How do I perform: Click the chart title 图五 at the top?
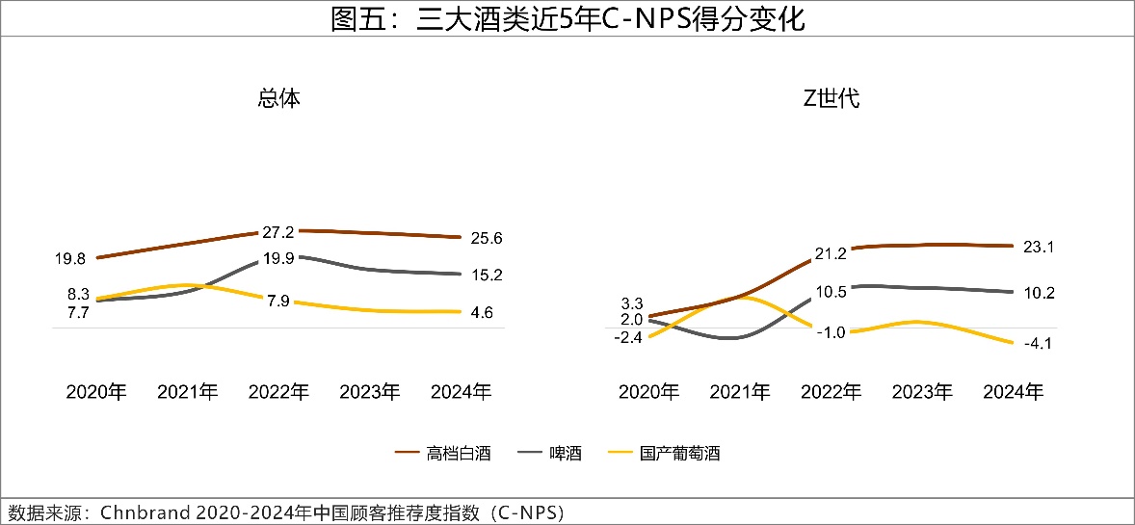tap(567, 18)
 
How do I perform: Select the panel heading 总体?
tap(278, 98)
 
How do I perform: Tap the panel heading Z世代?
tap(831, 98)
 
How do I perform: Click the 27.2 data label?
tap(277, 232)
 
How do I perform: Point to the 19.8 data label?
tap(71, 258)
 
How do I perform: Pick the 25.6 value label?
tap(488, 238)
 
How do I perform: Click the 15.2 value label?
tap(488, 276)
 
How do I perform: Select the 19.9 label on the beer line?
tap(277, 257)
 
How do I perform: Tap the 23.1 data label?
tap(1040, 247)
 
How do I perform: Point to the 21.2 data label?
tap(830, 253)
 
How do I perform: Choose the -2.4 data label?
tap(631, 337)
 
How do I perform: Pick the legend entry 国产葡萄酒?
tap(679, 453)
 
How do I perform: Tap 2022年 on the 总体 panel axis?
tap(278, 392)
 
